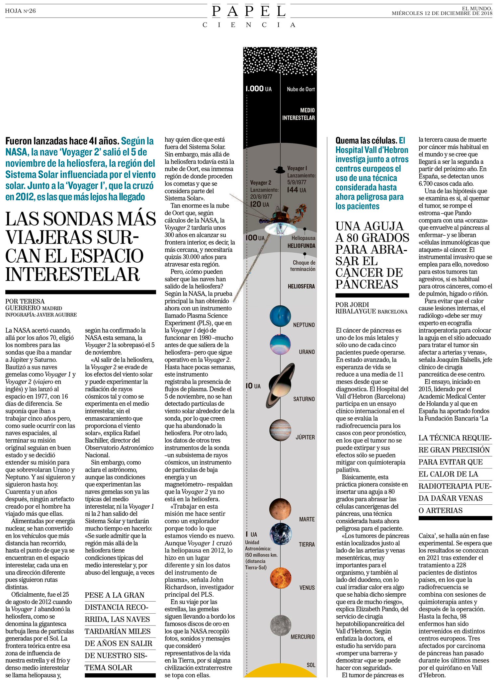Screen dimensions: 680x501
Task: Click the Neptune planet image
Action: [280, 316]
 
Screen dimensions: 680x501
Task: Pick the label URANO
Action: [306, 352]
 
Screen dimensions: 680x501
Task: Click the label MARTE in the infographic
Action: [306, 519]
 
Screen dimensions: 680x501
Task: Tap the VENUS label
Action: [307, 587]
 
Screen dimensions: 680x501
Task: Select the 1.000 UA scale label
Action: [258, 89]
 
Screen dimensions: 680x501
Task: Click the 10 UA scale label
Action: [253, 386]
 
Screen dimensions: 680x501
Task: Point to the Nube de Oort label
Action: [300, 89]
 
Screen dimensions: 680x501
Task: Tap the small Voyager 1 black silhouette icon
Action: [280, 170]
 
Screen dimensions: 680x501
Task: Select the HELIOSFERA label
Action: [301, 286]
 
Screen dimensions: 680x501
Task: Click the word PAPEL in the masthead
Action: [249, 12]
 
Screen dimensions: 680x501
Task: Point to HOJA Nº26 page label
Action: [20, 11]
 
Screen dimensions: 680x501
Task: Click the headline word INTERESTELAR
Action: [72, 274]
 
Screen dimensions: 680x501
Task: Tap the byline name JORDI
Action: [360, 304]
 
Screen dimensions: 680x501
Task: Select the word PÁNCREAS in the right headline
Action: [367, 284]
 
